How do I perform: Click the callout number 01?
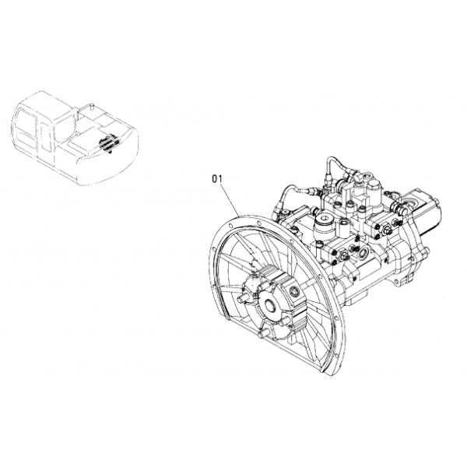click(x=217, y=179)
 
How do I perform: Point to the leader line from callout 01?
click(x=230, y=199)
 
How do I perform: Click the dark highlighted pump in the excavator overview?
click(x=109, y=143)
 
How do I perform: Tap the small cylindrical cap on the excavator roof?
click(x=92, y=105)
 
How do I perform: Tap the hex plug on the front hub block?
click(x=295, y=292)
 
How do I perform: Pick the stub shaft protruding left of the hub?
click(x=243, y=298)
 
